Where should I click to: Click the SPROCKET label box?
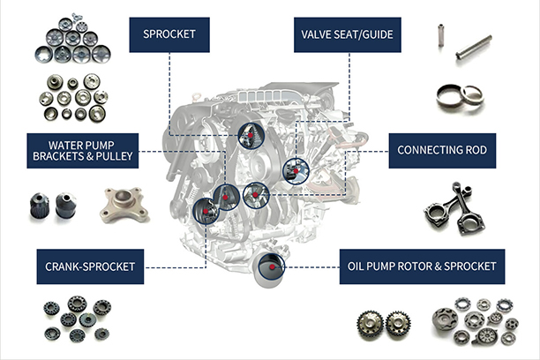point(169,35)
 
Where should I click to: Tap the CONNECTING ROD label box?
point(442,150)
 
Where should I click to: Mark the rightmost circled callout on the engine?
point(293,169)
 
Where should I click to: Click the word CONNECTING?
point(425,150)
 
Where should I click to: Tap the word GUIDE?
point(378,35)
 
